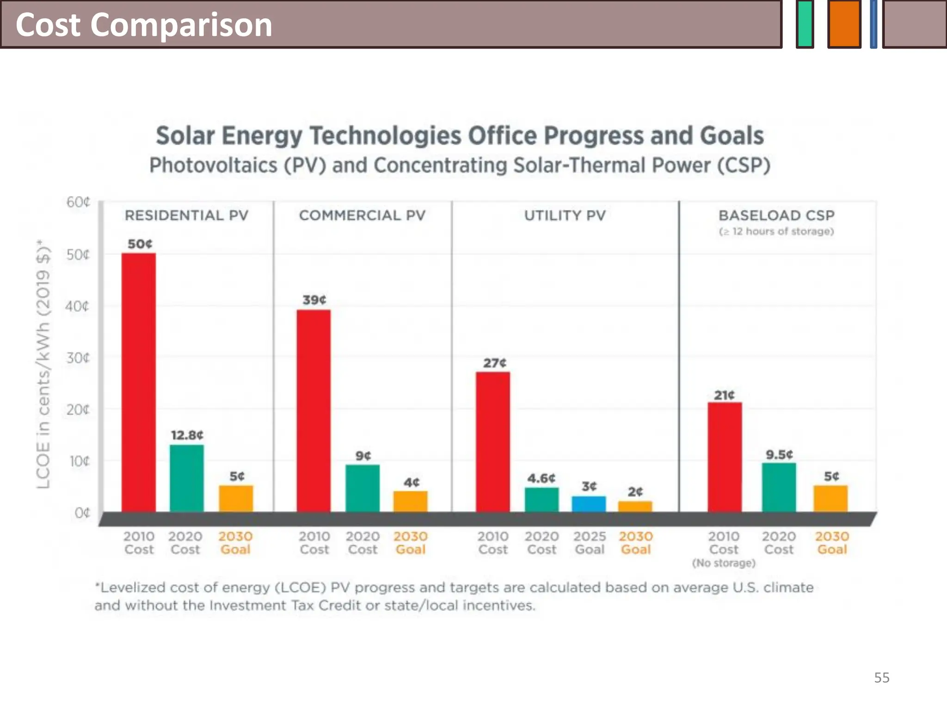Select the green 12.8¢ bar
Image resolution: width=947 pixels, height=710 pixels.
tap(187, 478)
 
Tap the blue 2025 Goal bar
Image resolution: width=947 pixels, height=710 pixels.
tap(589, 504)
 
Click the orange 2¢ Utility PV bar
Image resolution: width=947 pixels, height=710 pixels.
tap(635, 507)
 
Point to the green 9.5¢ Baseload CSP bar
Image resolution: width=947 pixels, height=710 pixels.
tap(779, 487)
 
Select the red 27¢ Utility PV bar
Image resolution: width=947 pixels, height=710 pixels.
tap(493, 441)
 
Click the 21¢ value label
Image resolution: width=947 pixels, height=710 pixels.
tap(724, 395)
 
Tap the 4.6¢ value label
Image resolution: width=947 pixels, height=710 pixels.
tap(541, 478)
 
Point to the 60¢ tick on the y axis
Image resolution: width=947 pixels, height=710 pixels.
tap(78, 202)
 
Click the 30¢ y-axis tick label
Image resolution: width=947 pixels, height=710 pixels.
tap(78, 358)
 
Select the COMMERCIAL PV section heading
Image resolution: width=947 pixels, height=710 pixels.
tap(362, 215)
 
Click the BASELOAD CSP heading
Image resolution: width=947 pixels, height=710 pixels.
tap(776, 215)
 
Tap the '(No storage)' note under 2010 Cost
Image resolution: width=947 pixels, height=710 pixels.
tap(724, 563)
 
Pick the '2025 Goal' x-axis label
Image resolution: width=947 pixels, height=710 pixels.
tap(590, 543)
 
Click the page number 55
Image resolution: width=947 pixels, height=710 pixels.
tap(881, 678)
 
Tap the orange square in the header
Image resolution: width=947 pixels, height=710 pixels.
tap(844, 24)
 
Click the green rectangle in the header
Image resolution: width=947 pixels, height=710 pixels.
tap(805, 24)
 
